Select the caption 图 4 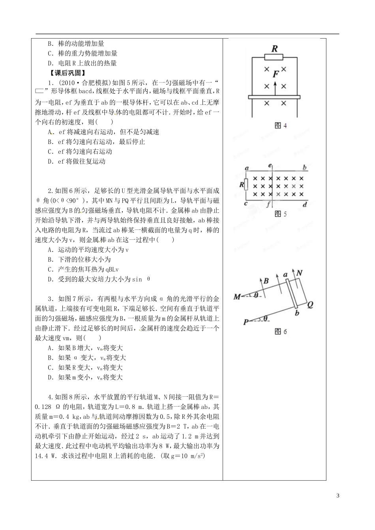tap(280, 126)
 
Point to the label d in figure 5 tap(304, 204)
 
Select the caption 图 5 tap(280, 214)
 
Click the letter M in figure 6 tap(237, 297)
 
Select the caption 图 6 tap(280, 332)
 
